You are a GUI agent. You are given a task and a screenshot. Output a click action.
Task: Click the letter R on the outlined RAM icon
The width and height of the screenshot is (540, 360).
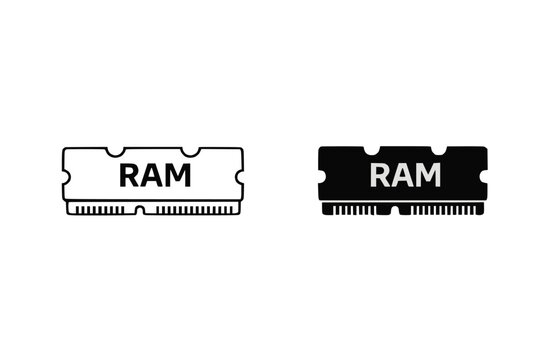(x=130, y=175)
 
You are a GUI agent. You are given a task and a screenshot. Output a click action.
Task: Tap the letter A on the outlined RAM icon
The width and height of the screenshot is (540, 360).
(x=154, y=175)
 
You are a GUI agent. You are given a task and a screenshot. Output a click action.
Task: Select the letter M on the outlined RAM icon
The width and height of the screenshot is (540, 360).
(x=181, y=175)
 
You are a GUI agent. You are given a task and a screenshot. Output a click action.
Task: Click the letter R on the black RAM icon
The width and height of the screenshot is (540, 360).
(x=381, y=175)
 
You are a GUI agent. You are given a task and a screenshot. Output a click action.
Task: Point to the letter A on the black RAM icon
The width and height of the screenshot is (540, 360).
(x=405, y=175)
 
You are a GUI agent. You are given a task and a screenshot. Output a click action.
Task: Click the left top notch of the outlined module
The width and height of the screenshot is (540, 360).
(x=115, y=152)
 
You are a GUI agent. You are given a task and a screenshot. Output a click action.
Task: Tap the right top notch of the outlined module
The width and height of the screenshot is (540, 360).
(x=191, y=152)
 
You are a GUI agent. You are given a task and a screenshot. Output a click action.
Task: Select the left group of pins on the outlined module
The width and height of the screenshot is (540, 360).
(x=106, y=211)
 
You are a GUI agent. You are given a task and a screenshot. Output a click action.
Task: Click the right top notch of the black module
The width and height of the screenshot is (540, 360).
(x=443, y=152)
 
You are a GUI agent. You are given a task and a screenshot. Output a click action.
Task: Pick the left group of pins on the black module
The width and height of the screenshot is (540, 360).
(x=358, y=211)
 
